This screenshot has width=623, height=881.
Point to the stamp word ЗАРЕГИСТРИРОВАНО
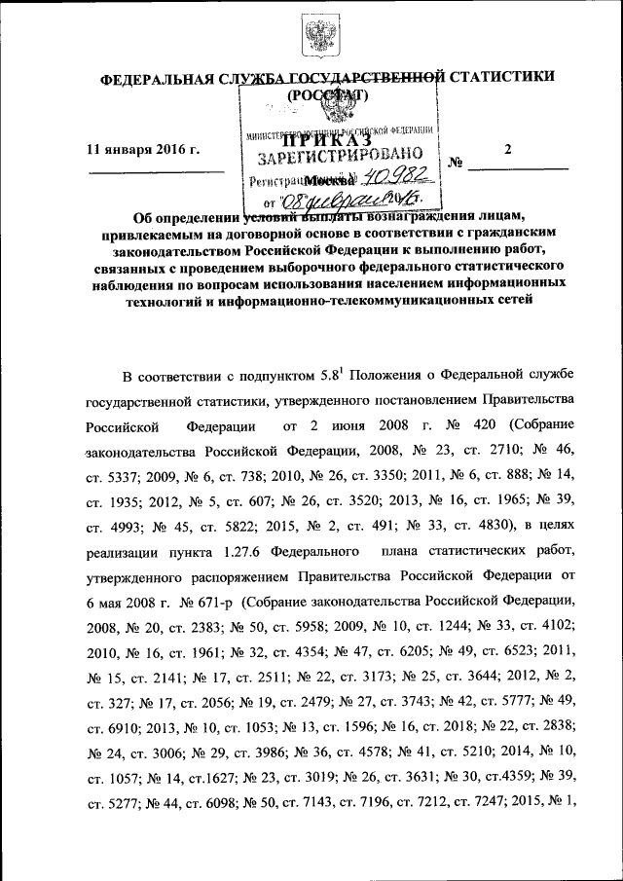click(339, 156)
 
